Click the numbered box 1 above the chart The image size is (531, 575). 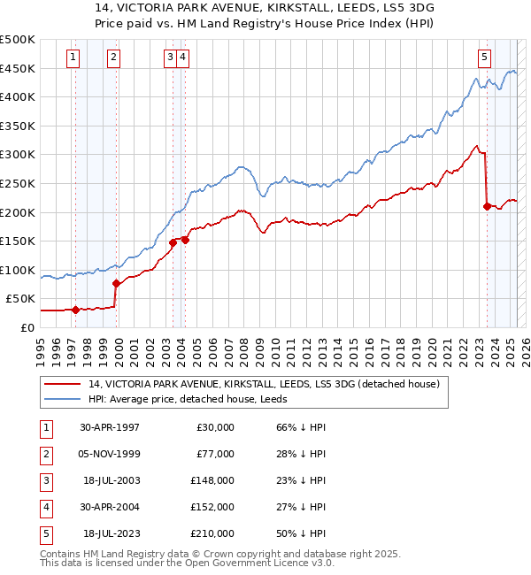coord(72,57)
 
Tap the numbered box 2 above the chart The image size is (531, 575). coord(114,57)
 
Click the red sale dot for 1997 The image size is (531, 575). coord(76,310)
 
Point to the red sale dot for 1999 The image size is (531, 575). coord(117,283)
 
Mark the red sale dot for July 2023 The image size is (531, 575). coord(487,206)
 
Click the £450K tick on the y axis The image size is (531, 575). coord(18,68)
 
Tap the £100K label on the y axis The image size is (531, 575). coord(18,270)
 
